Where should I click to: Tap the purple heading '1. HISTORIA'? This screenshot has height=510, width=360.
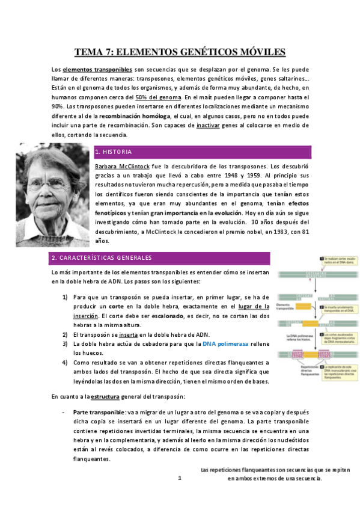(x=114, y=152)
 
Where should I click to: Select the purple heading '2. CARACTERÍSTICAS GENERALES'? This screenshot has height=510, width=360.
(x=102, y=258)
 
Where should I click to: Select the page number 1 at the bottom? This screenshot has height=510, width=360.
(x=179, y=479)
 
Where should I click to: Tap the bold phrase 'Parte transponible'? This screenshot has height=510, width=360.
(x=98, y=413)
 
